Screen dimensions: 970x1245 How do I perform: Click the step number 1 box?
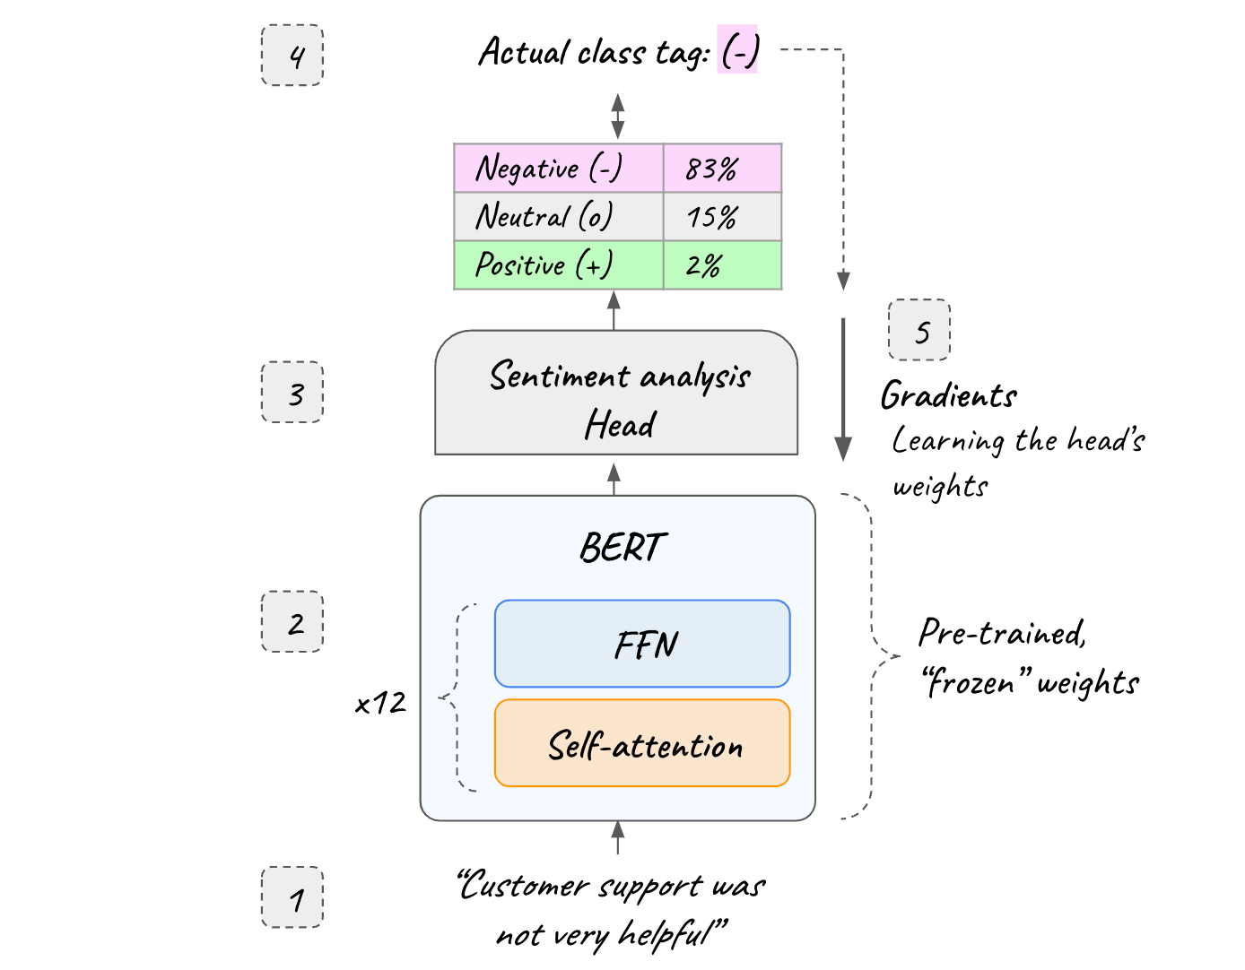point(292,896)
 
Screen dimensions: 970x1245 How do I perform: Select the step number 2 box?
point(292,621)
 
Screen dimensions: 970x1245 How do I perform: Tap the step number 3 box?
point(292,392)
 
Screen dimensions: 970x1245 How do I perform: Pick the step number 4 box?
point(292,56)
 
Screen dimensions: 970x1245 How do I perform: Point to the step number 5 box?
point(919,330)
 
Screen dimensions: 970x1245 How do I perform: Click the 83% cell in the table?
point(722,168)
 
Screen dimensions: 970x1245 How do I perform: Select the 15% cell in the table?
point(722,216)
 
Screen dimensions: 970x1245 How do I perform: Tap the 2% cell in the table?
point(722,264)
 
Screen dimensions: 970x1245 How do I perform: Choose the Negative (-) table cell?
point(558,168)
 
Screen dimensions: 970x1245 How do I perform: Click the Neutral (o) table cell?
point(558,216)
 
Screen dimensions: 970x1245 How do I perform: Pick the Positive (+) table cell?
point(558,264)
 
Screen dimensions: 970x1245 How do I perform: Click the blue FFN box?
point(642,644)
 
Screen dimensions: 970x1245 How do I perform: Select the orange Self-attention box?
point(642,743)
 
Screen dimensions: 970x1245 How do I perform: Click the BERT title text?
point(622,547)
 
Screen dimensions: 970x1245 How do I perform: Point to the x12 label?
point(380,703)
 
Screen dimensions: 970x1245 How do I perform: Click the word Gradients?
point(948,395)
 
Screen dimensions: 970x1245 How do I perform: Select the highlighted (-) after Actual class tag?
point(738,50)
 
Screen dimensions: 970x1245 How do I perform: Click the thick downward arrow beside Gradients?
point(843,390)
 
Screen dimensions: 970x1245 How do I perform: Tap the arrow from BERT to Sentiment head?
point(614,478)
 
